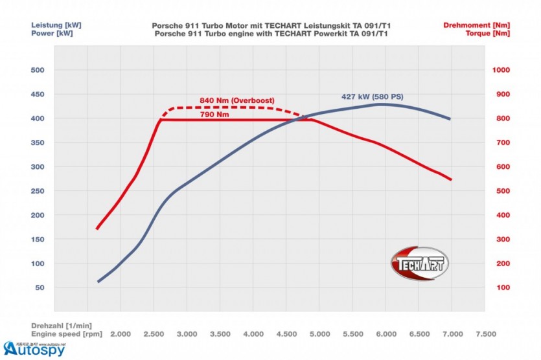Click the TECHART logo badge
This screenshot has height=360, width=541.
[419, 264]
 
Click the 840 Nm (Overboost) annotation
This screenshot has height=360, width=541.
[237, 100]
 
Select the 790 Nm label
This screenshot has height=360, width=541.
[214, 115]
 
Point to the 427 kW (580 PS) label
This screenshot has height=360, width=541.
[372, 96]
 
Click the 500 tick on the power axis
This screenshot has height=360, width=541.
[37, 70]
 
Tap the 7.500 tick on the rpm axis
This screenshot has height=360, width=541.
[485, 334]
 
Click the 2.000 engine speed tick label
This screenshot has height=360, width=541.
[121, 334]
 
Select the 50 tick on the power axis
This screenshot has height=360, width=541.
[40, 287]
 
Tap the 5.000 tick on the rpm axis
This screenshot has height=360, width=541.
[319, 334]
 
